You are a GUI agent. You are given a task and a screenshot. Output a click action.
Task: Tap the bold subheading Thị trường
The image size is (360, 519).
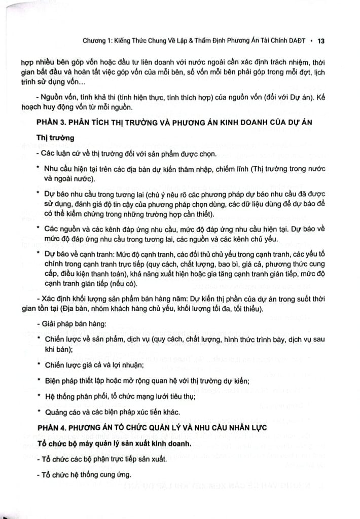[x=54, y=138]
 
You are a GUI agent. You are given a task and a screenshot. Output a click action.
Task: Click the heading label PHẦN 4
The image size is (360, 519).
[x=53, y=428]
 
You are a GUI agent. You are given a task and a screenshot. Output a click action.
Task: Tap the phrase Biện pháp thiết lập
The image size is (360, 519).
[x=77, y=380]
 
